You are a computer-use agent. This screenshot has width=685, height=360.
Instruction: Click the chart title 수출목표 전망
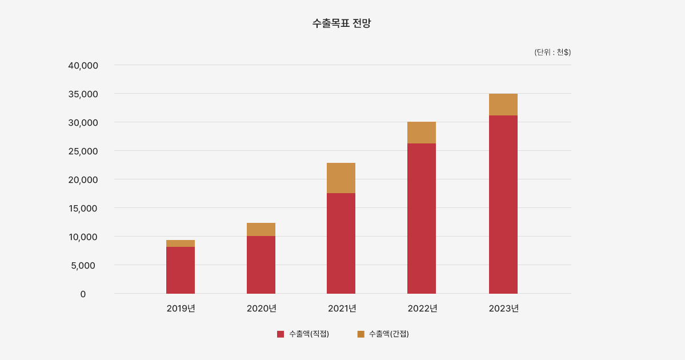[342, 23]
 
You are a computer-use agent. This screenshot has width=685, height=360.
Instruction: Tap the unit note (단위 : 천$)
[552, 52]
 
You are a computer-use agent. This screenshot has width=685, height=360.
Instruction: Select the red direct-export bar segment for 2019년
[181, 270]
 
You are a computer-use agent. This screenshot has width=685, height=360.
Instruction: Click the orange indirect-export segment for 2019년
[181, 243]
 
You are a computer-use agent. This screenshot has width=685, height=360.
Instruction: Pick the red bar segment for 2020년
[261, 265]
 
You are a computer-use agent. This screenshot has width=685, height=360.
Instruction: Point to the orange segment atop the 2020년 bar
[261, 229]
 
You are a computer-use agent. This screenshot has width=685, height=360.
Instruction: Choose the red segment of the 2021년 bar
[341, 243]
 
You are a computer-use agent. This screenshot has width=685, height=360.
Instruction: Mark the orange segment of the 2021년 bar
[341, 178]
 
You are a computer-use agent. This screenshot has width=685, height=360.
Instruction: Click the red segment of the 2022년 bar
[422, 218]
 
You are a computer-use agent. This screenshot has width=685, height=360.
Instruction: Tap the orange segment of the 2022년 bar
[422, 133]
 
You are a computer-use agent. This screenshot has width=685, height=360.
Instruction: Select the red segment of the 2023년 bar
[503, 204]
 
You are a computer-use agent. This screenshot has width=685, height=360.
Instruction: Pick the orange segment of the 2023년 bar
[503, 105]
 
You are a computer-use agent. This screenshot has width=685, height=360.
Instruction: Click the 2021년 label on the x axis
[342, 309]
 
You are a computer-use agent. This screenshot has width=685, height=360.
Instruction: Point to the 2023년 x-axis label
[504, 309]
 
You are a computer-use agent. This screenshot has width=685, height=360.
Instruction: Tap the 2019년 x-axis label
[181, 309]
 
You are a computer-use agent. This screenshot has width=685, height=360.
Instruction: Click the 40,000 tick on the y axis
[83, 66]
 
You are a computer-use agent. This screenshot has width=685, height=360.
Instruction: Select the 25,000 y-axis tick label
[83, 151]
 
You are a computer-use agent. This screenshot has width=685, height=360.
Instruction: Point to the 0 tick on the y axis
[83, 294]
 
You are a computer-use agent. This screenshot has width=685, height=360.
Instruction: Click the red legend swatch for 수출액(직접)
[281, 334]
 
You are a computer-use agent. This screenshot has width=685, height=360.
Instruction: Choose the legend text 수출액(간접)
[389, 334]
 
